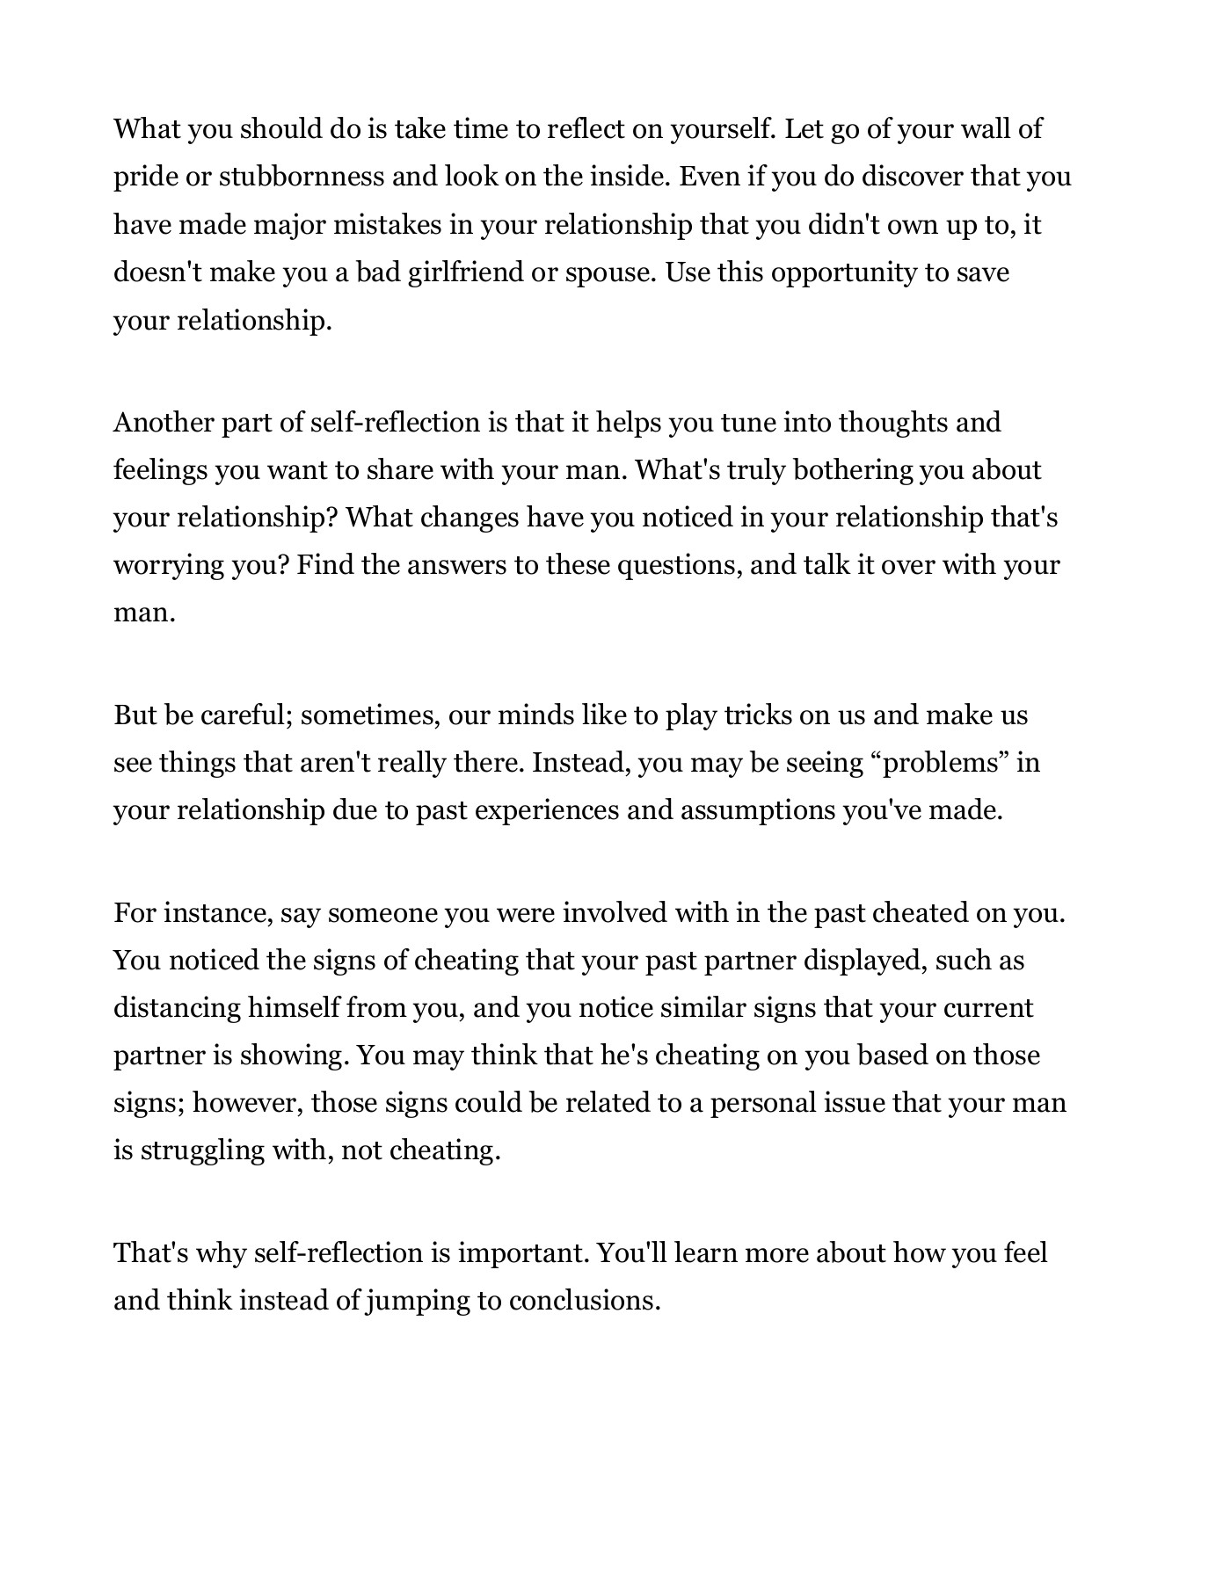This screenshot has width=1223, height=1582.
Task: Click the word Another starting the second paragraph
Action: (162, 423)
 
